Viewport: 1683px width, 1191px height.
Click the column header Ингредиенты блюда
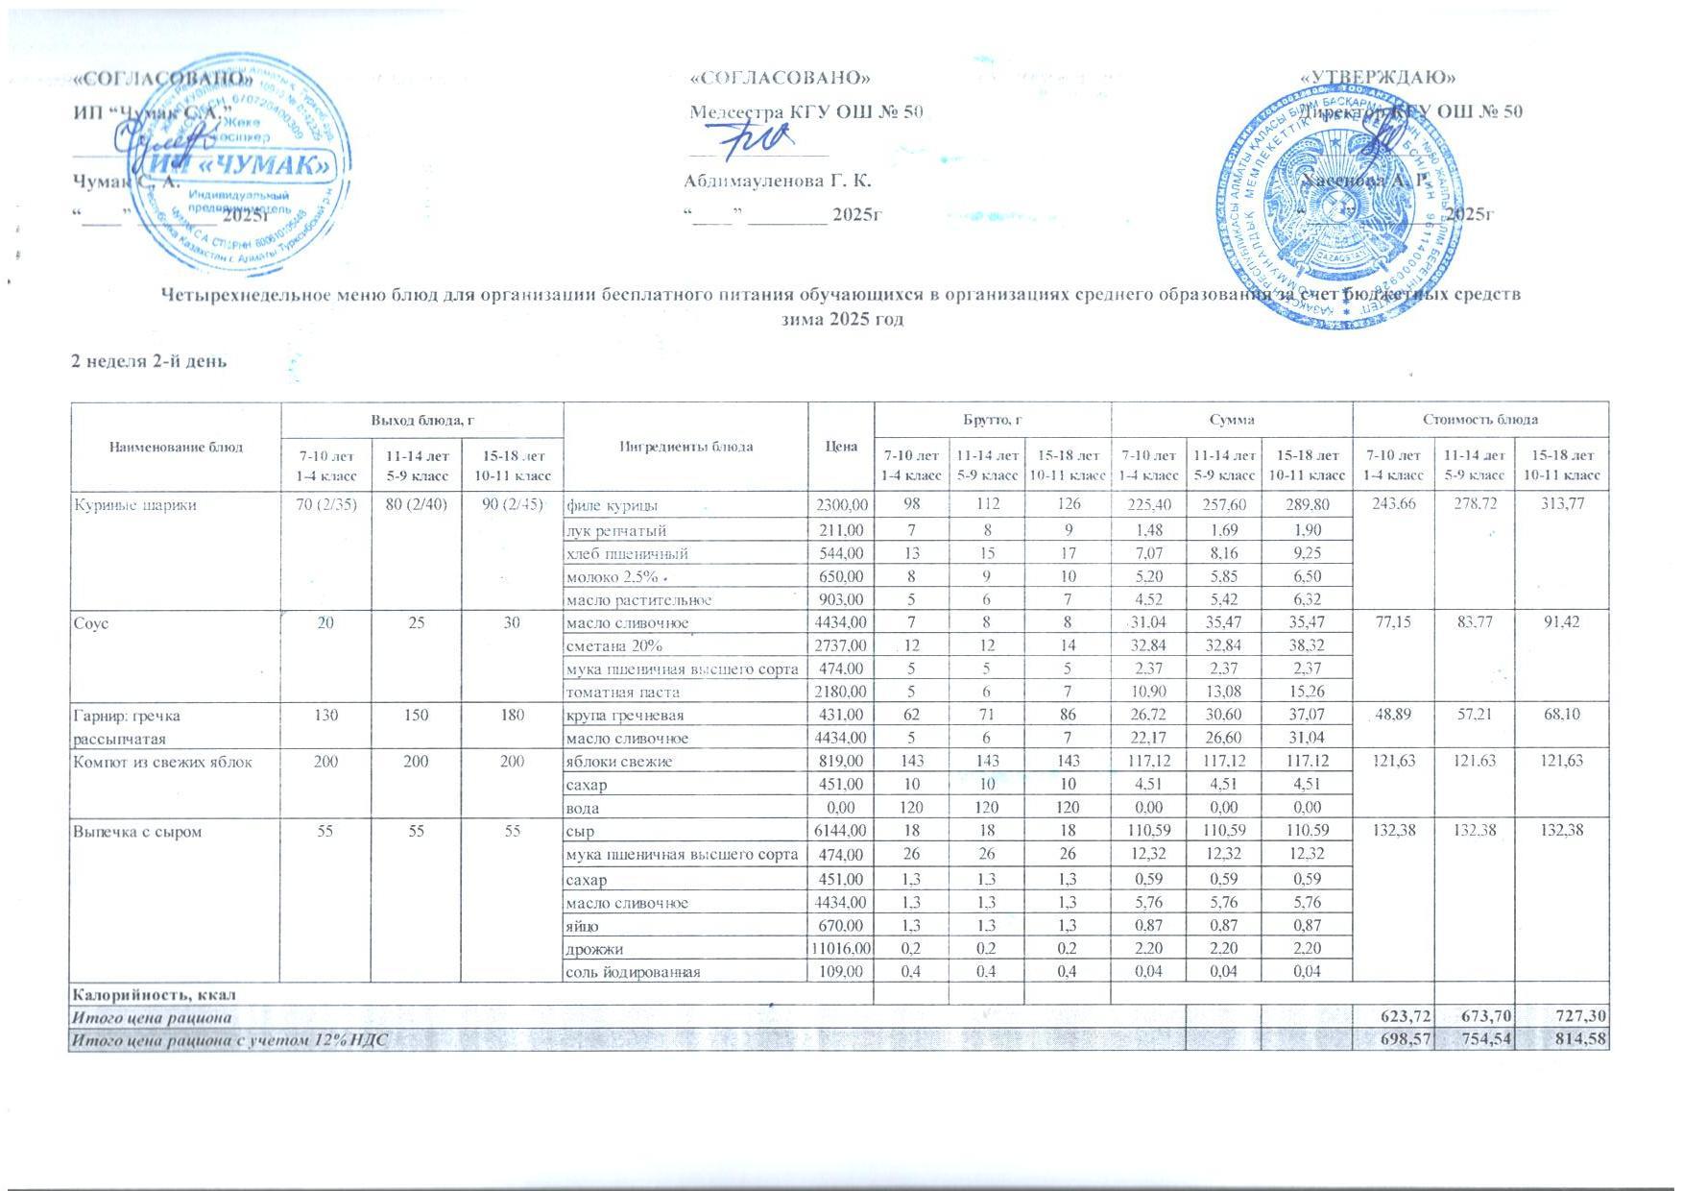click(x=685, y=446)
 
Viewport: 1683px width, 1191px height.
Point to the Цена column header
click(x=841, y=446)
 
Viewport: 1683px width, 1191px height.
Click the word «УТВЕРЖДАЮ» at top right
click(x=1377, y=77)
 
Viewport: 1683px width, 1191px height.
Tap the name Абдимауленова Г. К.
click(x=777, y=182)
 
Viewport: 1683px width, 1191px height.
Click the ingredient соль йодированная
click(x=633, y=972)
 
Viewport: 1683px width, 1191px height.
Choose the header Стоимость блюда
click(x=1479, y=420)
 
